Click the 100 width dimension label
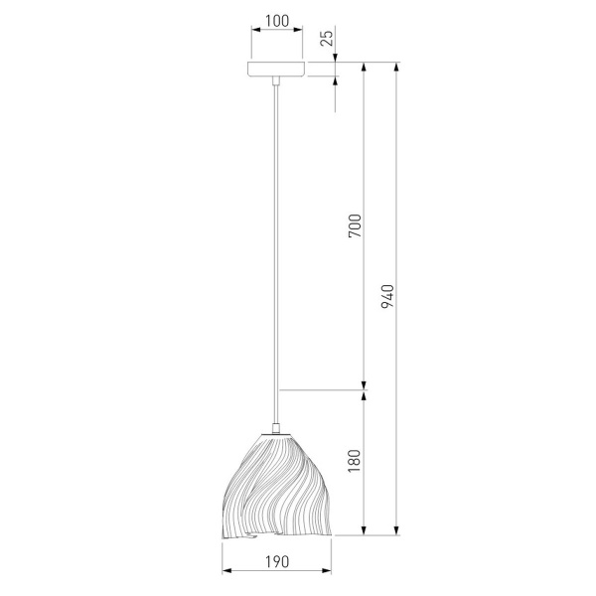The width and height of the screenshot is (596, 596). pos(277,21)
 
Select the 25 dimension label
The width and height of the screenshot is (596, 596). pos(327,38)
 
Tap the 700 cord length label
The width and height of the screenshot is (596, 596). pos(355,225)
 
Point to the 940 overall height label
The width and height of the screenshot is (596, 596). pos(387,296)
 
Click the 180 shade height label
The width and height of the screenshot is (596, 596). pos(355,461)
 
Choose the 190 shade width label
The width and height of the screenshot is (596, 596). pos(277,561)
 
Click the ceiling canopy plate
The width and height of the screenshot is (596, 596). pos(276,69)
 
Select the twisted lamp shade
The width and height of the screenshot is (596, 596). pos(276,486)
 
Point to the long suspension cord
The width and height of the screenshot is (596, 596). pos(276,253)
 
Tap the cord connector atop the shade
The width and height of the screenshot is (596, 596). pos(276,428)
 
